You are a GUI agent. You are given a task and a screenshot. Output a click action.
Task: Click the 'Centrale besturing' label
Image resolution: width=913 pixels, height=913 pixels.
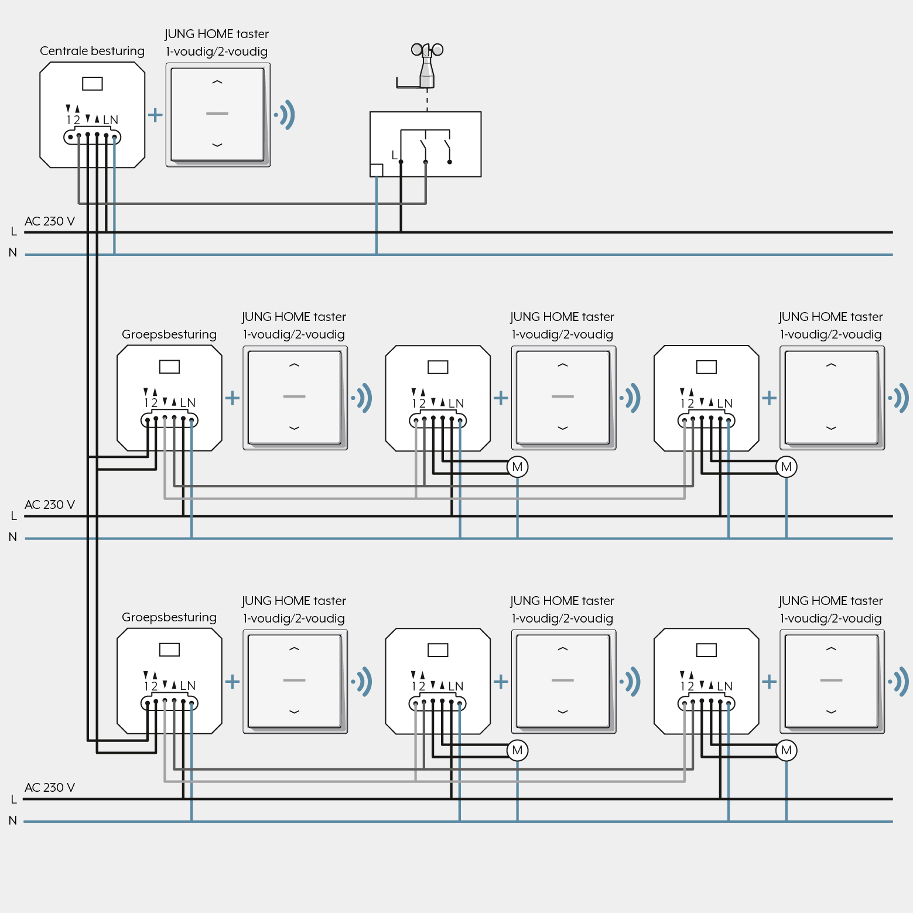[92, 51]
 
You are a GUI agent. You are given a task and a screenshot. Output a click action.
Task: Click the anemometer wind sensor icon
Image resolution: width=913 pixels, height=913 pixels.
[426, 66]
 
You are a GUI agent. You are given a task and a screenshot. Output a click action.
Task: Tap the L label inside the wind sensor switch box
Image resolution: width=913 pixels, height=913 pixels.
[394, 155]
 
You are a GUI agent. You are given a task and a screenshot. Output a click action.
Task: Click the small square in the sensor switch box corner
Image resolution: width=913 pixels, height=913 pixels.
[377, 170]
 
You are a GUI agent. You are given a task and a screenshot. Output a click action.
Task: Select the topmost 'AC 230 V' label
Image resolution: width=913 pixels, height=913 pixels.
[50, 221]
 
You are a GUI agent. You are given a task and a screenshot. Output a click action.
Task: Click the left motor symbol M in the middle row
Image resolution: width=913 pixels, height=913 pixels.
[517, 467]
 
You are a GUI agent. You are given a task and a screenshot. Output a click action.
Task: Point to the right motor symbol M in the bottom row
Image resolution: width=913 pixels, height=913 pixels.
[786, 750]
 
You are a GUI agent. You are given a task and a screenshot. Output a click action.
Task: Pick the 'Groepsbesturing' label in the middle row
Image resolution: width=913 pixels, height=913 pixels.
[169, 334]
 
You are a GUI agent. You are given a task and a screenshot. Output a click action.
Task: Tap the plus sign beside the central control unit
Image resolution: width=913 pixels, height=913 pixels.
[155, 114]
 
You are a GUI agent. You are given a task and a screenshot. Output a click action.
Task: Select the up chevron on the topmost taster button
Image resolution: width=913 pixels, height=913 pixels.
[217, 83]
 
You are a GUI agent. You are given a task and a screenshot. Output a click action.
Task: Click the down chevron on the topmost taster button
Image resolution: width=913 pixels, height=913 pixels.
[217, 145]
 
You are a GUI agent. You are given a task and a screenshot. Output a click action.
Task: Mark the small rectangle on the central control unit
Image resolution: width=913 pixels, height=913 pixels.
[93, 84]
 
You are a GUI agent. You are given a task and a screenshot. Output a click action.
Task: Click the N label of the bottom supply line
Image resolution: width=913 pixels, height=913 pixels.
[13, 820]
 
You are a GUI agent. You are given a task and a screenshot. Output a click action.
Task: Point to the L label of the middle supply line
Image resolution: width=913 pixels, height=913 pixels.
[13, 516]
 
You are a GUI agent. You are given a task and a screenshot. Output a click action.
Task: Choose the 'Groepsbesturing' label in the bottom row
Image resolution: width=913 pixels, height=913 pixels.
[169, 617]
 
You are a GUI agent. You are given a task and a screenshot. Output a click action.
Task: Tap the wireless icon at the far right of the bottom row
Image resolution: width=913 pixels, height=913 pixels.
[899, 682]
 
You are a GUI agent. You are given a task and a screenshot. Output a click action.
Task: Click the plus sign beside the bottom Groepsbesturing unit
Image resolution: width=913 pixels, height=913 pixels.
[232, 681]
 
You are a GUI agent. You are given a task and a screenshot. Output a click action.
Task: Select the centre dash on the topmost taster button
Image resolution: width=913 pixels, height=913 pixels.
[217, 114]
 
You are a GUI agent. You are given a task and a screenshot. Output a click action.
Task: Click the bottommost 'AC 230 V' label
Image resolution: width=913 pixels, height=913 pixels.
[50, 788]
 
